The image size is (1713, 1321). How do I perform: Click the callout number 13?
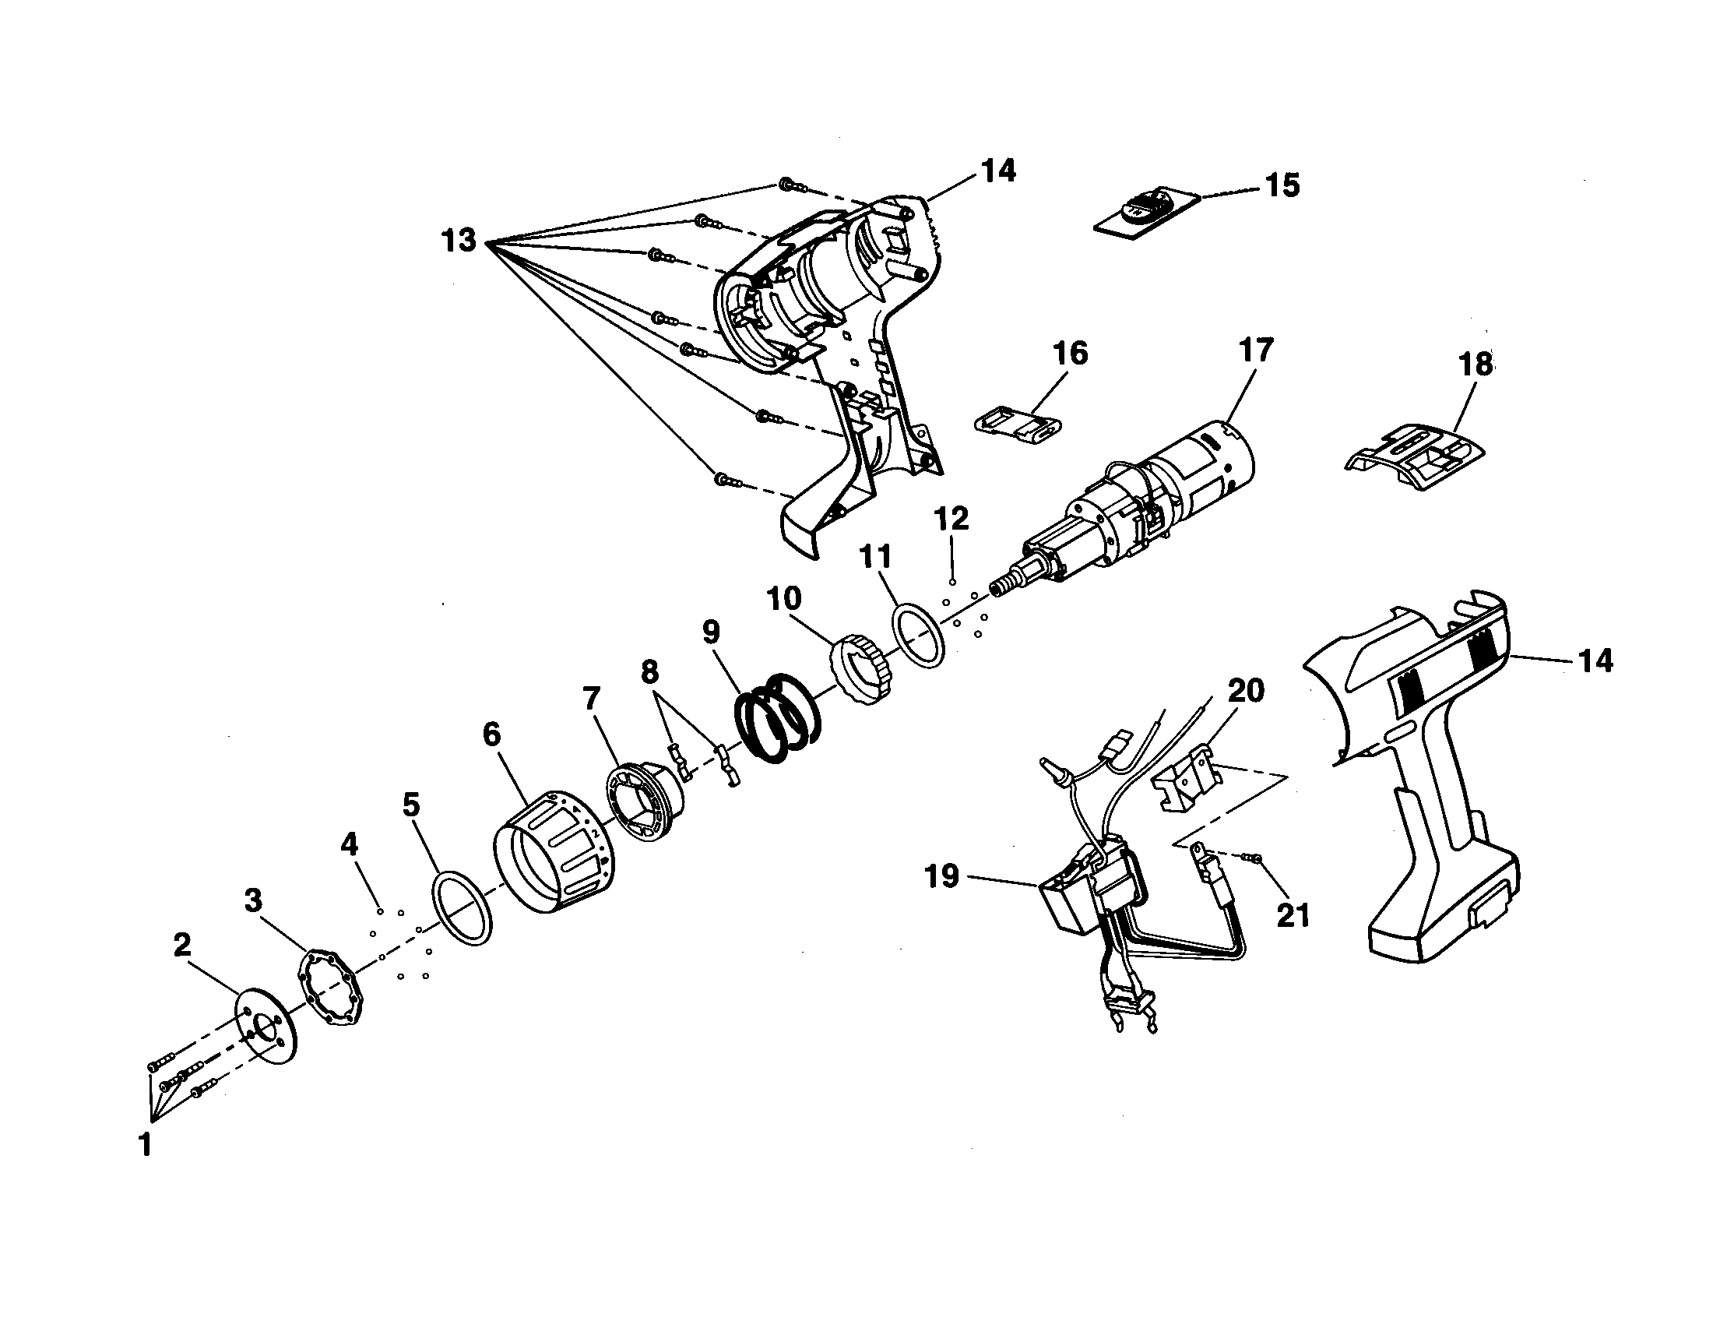(459, 240)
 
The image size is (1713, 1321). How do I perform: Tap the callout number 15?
(1282, 186)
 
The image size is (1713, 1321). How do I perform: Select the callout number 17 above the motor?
(1256, 350)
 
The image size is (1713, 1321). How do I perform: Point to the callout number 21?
(1293, 914)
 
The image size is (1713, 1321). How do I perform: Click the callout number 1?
(145, 1145)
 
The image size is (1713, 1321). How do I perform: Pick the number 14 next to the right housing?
(1595, 660)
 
